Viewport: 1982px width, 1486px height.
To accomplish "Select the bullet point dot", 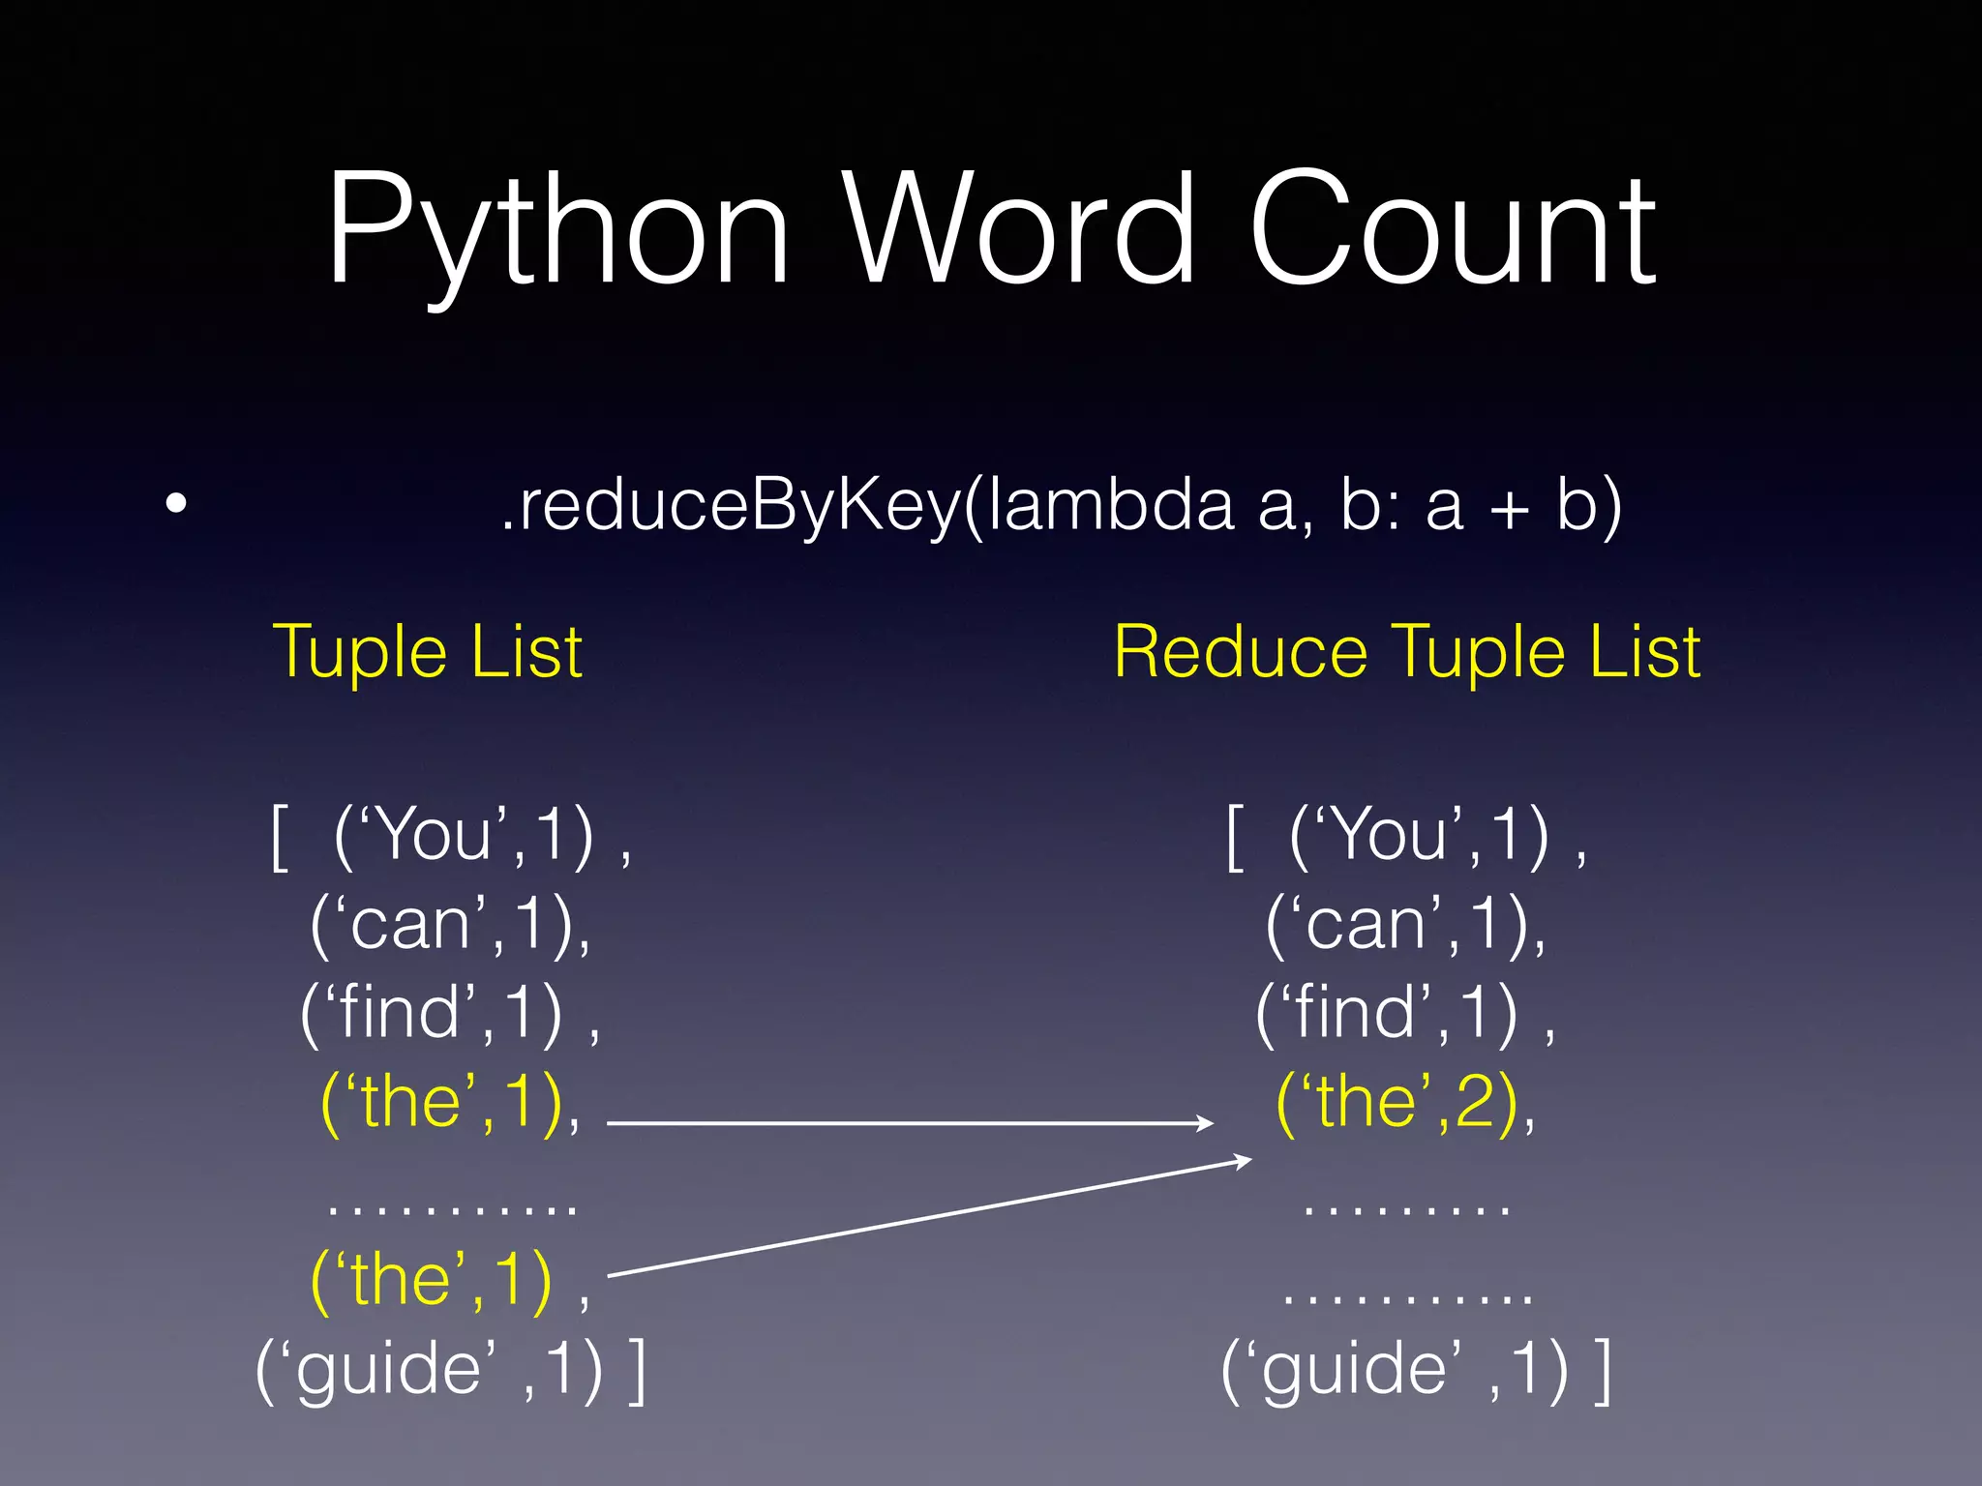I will pos(175,504).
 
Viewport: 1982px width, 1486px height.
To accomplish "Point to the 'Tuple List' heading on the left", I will pos(427,651).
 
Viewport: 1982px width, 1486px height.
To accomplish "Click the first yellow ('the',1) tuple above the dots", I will pos(443,1102).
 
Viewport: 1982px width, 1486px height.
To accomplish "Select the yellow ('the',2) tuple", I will pos(1398,1102).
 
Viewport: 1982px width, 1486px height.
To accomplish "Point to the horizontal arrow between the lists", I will pos(910,1123).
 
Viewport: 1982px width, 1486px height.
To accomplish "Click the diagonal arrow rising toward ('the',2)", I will pos(929,1217).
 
